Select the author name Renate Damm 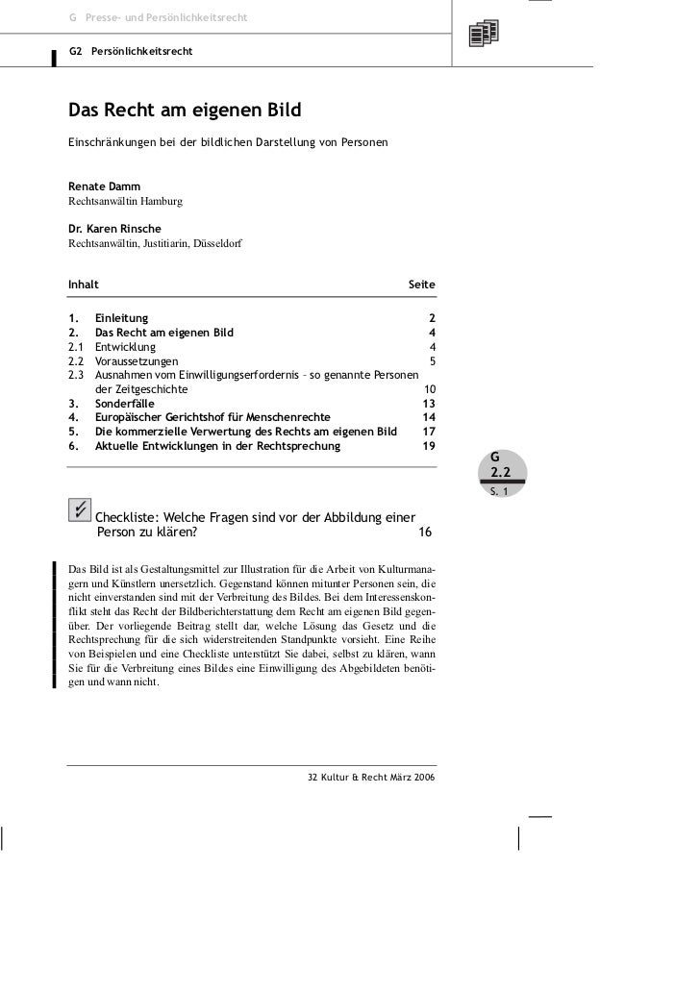[x=104, y=185]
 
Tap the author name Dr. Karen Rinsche [x=114, y=229]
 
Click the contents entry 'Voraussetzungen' [x=137, y=361]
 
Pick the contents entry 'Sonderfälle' [x=125, y=404]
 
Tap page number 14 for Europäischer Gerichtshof [x=429, y=418]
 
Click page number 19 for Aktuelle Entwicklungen [x=429, y=446]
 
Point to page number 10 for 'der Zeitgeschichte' [x=429, y=389]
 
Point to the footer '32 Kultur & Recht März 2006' [x=369, y=776]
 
